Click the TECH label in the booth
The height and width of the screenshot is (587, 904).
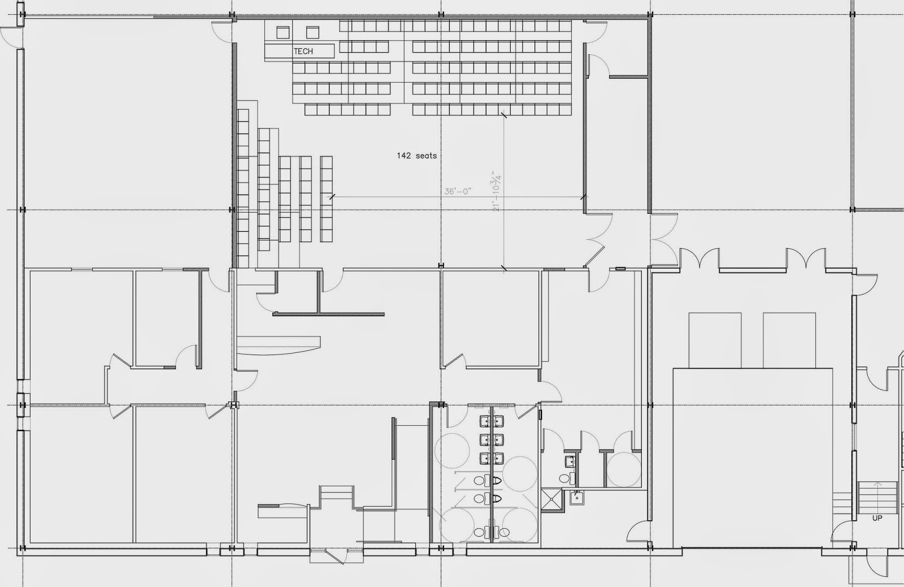coord(303,51)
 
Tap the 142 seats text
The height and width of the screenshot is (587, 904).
coord(416,156)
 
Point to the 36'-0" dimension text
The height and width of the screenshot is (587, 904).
coord(458,191)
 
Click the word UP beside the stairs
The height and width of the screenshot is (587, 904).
coord(877,518)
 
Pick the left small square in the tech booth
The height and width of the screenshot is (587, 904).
coord(283,32)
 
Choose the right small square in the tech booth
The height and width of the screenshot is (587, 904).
coord(312,32)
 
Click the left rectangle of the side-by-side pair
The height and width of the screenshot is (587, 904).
coord(715,340)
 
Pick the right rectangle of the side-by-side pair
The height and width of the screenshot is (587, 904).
coord(789,340)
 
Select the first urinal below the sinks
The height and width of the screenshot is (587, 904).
coord(496,481)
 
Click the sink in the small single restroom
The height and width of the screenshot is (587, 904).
coord(570,460)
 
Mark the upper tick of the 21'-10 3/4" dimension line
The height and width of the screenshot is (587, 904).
coord(503,115)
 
